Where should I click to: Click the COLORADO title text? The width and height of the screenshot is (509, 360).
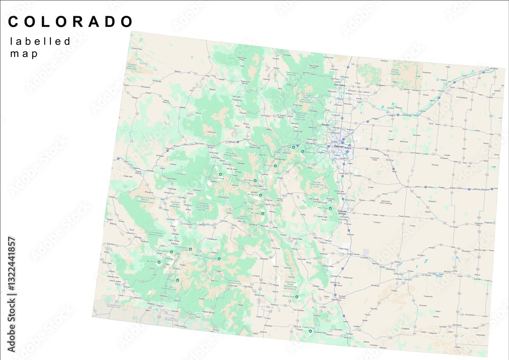[x=71, y=21]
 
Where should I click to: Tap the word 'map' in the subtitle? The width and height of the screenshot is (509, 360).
[x=24, y=54]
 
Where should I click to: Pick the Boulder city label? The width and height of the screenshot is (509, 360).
[x=327, y=124]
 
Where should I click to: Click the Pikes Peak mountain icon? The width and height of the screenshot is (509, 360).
[x=331, y=208]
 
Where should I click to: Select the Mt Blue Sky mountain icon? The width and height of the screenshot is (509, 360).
[x=302, y=151]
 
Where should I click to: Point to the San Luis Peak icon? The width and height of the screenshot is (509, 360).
[x=219, y=259]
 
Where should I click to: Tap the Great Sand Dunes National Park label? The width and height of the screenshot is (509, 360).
[x=291, y=285]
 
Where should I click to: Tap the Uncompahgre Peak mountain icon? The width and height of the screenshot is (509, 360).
[x=190, y=250]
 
